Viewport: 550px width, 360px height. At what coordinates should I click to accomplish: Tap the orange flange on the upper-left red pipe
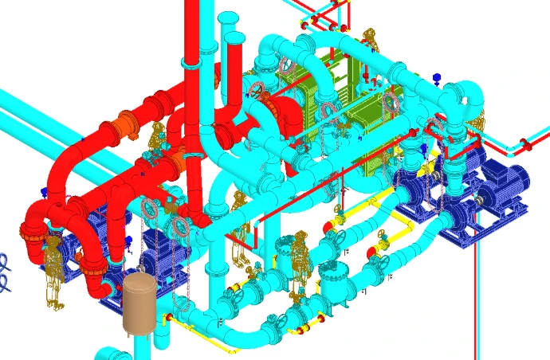point(121,126)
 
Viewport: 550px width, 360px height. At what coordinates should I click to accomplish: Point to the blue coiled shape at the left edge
point(5,273)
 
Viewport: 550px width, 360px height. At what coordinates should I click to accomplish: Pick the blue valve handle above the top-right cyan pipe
point(437,77)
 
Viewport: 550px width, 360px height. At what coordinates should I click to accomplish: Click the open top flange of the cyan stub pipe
point(227,18)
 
